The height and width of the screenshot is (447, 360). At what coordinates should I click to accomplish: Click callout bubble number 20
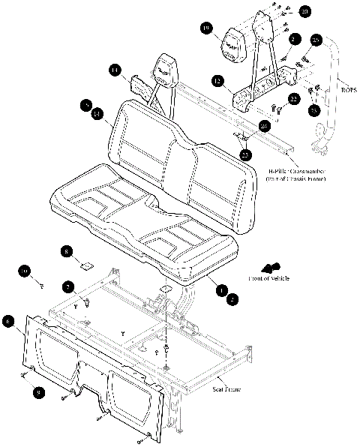pyautogui.click(x=304, y=12)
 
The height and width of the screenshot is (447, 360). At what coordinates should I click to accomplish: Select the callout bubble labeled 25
pyautogui.click(x=316, y=40)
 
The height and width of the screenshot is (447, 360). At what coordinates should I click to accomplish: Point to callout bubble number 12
pyautogui.click(x=216, y=80)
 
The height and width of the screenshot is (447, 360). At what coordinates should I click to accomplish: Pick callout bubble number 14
pyautogui.click(x=113, y=70)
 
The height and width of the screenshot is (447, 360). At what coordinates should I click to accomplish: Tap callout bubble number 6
pyautogui.click(x=9, y=321)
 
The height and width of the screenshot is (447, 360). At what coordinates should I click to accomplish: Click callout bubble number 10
pyautogui.click(x=24, y=271)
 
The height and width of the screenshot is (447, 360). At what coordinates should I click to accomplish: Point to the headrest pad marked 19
pyautogui.click(x=234, y=45)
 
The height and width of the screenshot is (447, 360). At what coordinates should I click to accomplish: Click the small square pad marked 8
pyautogui.click(x=87, y=263)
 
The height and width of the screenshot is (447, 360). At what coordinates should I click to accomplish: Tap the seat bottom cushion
pyautogui.click(x=142, y=217)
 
